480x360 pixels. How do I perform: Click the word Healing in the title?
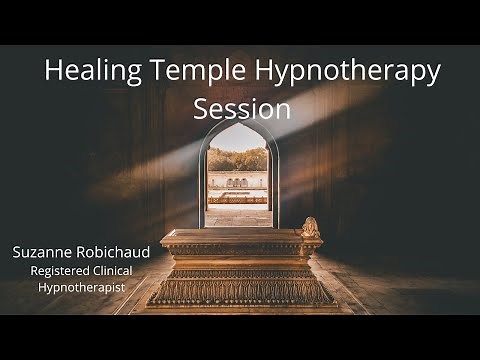[x=87, y=72]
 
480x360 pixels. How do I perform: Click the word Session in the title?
[x=240, y=108]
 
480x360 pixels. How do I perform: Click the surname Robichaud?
[x=112, y=252]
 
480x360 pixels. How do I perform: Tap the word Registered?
[x=61, y=270]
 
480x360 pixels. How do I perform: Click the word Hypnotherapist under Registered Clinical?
[x=83, y=287]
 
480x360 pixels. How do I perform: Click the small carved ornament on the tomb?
[x=310, y=227]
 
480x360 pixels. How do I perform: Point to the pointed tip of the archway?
[x=238, y=124]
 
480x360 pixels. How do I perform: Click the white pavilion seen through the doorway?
[x=238, y=184]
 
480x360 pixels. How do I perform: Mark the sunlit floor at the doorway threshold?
[x=238, y=216]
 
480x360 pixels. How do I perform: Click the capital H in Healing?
[x=54, y=72]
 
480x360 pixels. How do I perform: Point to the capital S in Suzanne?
[x=17, y=252]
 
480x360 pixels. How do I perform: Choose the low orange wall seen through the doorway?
[x=238, y=198]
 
